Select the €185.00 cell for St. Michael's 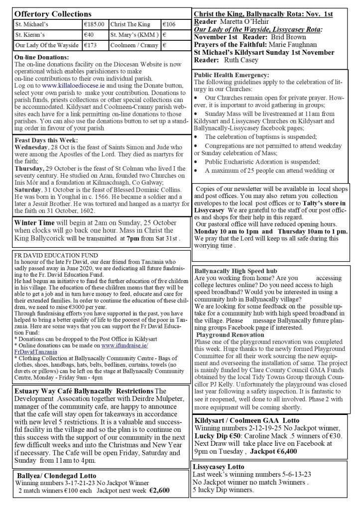coord(94,23)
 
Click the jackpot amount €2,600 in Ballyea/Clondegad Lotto coord(159,490)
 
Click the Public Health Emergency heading coord(232,75)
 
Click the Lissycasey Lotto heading coord(220,467)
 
